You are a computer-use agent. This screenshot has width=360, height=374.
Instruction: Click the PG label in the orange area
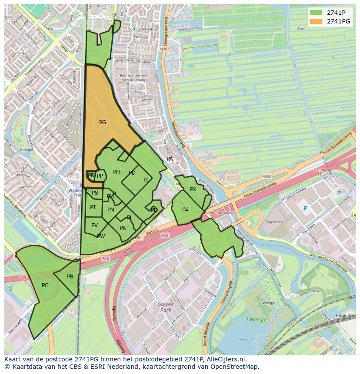(103, 122)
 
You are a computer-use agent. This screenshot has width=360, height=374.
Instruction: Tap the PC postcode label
(45, 285)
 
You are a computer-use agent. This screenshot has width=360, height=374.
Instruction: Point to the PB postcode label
(70, 277)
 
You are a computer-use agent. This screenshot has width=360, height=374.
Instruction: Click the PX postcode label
(193, 189)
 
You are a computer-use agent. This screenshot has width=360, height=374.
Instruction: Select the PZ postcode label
(185, 209)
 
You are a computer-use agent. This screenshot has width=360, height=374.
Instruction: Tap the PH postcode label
(116, 172)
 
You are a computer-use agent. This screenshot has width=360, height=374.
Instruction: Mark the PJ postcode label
(146, 179)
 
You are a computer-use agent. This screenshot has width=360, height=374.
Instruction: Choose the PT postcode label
(93, 207)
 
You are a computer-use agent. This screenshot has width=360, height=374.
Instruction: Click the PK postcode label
(123, 228)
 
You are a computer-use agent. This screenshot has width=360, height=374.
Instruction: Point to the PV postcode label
(94, 225)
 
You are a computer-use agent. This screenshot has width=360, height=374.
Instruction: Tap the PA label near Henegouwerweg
(170, 159)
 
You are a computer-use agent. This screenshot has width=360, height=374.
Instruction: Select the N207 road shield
(164, 50)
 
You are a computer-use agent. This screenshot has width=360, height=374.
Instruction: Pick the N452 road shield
(267, 177)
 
